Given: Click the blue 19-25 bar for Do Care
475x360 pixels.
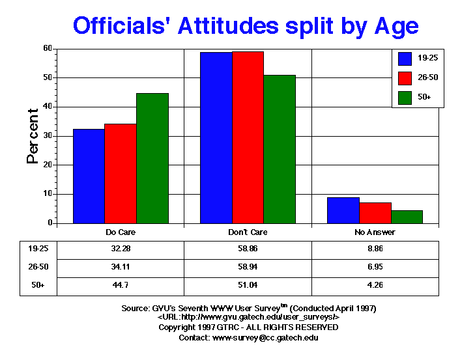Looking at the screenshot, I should click(89, 176).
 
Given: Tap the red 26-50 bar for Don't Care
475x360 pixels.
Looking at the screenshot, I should click(248, 137).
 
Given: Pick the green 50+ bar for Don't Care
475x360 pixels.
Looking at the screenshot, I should click(280, 149).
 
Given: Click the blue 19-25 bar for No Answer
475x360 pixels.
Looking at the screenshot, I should click(343, 210).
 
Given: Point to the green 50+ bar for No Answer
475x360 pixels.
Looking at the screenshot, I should click(407, 217).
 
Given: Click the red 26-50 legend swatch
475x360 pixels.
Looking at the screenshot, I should click(405, 78).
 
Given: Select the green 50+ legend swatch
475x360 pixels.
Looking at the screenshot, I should click(405, 98).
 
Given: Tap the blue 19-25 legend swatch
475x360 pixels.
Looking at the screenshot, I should click(405, 58).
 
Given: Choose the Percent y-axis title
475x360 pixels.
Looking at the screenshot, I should click(33, 135).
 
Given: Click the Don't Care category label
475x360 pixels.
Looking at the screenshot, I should click(248, 232).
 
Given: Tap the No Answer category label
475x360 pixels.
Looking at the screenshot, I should click(376, 232).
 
